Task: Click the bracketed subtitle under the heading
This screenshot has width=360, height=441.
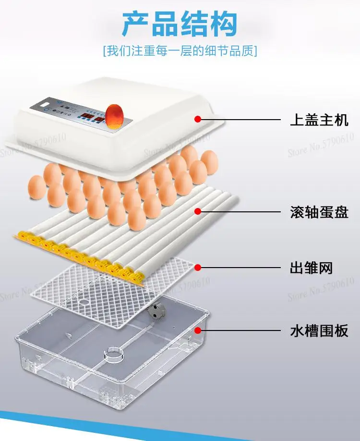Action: coord(180,51)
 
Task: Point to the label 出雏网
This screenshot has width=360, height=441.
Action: coord(312,268)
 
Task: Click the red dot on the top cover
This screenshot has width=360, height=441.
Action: coord(197,119)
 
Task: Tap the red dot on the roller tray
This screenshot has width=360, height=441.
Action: coord(197,211)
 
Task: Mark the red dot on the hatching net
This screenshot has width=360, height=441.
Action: coord(197,267)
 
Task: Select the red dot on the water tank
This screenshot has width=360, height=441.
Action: coord(197,330)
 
